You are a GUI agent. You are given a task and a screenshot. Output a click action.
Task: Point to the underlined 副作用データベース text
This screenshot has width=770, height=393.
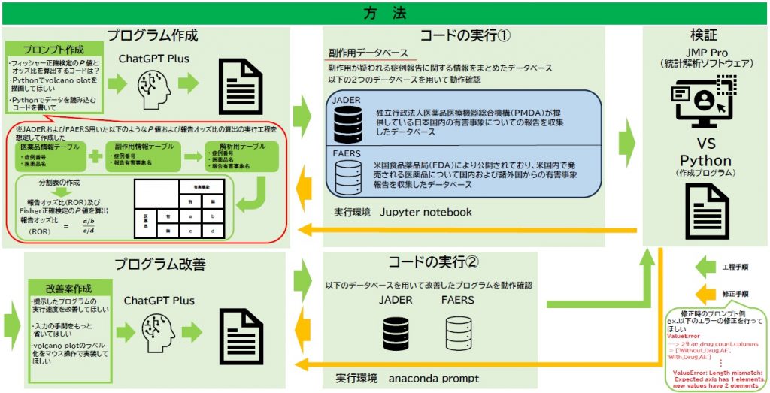(x=368, y=53)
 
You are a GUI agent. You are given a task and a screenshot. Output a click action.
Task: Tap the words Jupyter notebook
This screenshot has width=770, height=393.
(x=426, y=213)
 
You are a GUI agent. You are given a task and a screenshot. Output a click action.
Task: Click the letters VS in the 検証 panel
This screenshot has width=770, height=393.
(x=705, y=144)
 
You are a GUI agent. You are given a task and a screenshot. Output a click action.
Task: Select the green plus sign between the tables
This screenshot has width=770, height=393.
(x=95, y=156)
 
